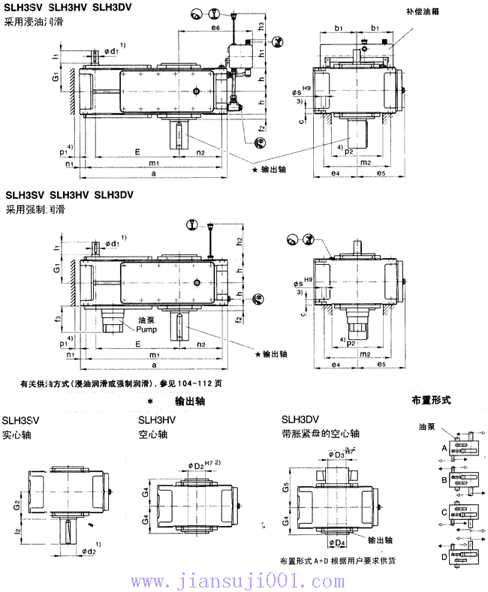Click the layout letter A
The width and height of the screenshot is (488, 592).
coord(445,449)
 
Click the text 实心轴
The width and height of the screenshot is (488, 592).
coord(17,434)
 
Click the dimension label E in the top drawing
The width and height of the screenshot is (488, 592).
coord(136,151)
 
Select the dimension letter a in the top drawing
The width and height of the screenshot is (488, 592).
coord(153,173)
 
